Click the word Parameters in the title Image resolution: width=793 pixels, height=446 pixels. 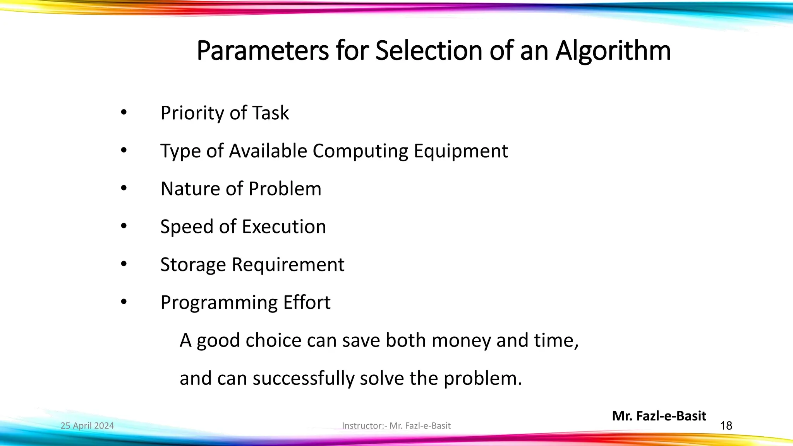pyautogui.click(x=263, y=51)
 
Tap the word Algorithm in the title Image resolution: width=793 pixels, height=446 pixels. pyautogui.click(x=613, y=51)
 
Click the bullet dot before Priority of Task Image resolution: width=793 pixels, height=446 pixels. pyautogui.click(x=124, y=113)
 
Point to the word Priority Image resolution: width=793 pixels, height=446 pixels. pyautogui.click(x=192, y=113)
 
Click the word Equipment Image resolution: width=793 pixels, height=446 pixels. pyautogui.click(x=460, y=151)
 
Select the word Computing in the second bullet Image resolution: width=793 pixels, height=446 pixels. pyautogui.click(x=360, y=151)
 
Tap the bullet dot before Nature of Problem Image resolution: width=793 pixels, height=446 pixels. pyautogui.click(x=124, y=189)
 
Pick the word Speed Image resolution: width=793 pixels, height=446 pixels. pyautogui.click(x=187, y=227)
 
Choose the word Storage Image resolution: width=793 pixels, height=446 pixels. pyautogui.click(x=193, y=265)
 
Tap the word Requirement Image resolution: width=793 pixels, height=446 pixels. pyautogui.click(x=288, y=265)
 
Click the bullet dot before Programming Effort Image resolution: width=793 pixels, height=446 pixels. pyautogui.click(x=124, y=302)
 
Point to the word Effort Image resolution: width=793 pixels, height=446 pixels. pyautogui.click(x=307, y=302)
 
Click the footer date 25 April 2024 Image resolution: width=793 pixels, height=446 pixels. pyautogui.click(x=87, y=426)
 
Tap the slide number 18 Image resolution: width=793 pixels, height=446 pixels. pyautogui.click(x=726, y=426)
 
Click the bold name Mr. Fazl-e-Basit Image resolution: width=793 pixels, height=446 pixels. pyautogui.click(x=659, y=416)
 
